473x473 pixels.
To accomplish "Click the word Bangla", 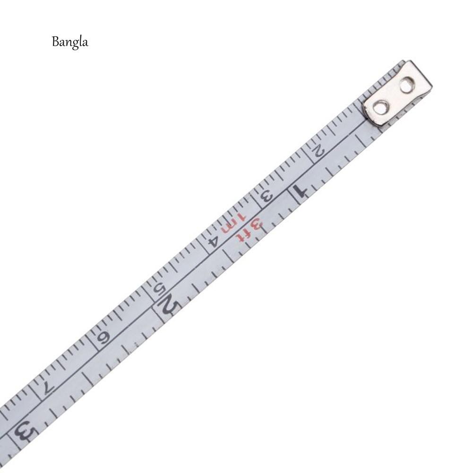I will [x=69, y=43].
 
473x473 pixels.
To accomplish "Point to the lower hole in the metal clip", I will [x=381, y=107].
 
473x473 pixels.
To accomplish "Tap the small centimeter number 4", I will [x=214, y=240].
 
